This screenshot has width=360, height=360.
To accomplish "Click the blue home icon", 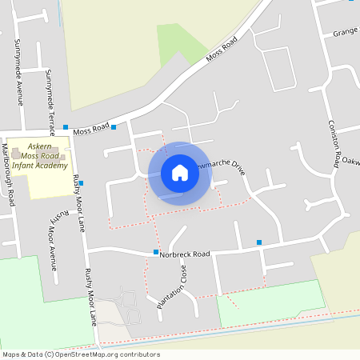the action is [180, 173].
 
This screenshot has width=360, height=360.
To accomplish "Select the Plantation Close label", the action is [171, 289].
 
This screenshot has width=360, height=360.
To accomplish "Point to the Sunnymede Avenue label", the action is [18, 71].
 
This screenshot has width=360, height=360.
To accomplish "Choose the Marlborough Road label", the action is [9, 175].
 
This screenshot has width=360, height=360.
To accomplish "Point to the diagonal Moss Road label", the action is [222, 50].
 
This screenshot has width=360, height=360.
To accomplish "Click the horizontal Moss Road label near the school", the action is [90, 128].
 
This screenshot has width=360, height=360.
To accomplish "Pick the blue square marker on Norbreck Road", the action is [156, 252].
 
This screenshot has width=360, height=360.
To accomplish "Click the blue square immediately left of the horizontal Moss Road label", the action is [66, 126].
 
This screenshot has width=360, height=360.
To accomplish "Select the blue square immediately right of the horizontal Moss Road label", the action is [114, 126].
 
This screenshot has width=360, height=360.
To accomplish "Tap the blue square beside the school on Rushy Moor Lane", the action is [82, 182].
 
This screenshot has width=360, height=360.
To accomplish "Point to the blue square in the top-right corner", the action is [350, 2].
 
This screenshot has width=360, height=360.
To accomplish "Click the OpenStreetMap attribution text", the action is [80, 354].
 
